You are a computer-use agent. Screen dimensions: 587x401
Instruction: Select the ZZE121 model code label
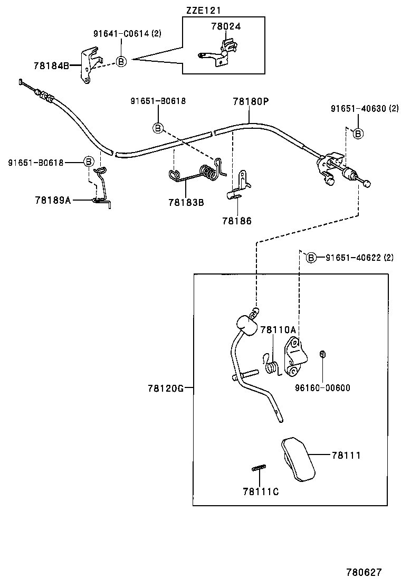[x=204, y=10]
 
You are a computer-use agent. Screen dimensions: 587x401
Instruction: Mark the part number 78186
[x=237, y=221]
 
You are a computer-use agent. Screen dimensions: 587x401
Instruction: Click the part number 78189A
[x=53, y=200]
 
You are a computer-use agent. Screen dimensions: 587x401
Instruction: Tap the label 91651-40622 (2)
[x=359, y=258]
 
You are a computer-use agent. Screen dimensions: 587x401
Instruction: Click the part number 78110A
[x=278, y=330]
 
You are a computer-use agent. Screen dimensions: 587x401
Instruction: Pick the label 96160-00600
[x=322, y=388]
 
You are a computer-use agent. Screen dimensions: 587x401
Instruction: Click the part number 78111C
[x=261, y=491]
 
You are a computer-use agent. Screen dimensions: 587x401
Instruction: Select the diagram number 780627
[x=364, y=572]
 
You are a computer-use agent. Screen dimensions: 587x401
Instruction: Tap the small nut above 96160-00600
[x=322, y=353]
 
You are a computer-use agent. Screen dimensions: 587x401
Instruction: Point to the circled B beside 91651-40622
[x=311, y=258]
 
